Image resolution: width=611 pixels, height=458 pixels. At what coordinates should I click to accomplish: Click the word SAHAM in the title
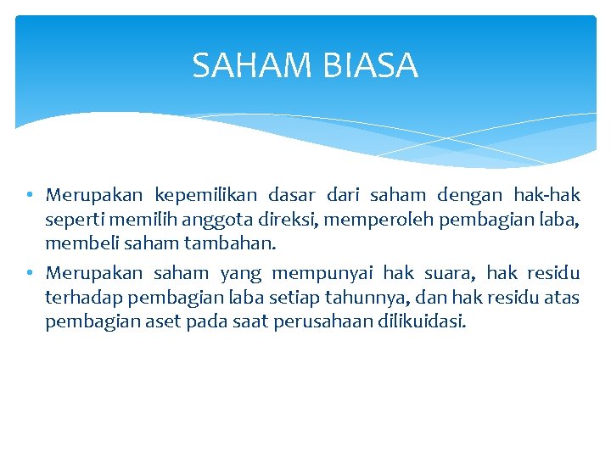(245, 65)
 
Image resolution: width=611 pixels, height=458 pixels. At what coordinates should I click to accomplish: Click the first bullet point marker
(29, 195)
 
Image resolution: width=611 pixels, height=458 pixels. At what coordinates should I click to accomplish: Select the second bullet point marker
(29, 273)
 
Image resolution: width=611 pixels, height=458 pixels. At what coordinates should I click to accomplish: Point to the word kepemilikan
(205, 195)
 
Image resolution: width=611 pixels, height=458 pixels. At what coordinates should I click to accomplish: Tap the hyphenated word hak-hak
(547, 195)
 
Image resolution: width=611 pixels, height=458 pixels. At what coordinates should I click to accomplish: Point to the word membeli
(79, 243)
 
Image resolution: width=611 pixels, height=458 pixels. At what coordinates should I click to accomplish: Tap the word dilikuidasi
(424, 322)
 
